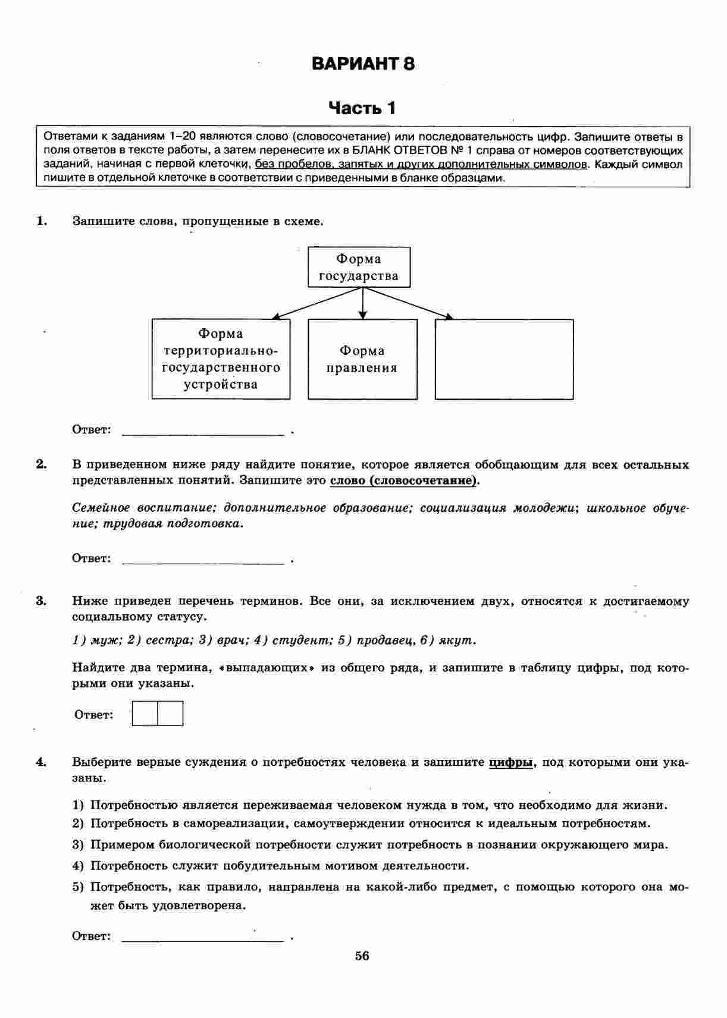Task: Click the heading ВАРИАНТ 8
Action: coord(363,64)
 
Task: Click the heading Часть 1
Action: coord(362,108)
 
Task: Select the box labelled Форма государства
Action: coord(359,268)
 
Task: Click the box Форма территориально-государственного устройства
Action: coord(221,359)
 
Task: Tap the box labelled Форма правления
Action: coord(362,359)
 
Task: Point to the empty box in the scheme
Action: coord(504,359)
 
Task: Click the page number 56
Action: coord(362,956)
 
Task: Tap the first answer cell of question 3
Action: coord(145,714)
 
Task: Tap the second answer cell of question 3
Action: coord(170,714)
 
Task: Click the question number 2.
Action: coord(41,464)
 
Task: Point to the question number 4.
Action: coord(41,762)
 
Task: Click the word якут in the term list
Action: coord(456,640)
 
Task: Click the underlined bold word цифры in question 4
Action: coord(510,762)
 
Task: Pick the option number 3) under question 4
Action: coord(79,845)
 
